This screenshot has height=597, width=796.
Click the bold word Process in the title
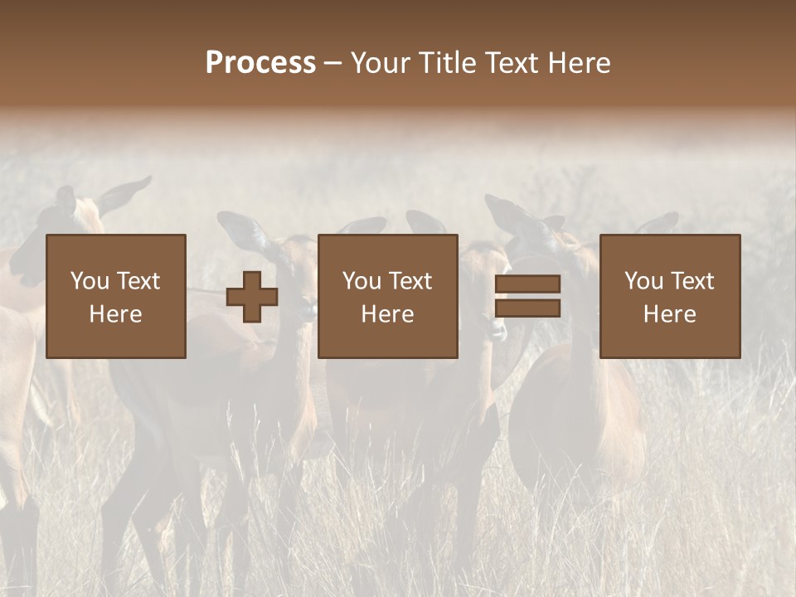pyautogui.click(x=260, y=63)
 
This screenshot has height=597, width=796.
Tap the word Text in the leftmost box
pyautogui.click(x=138, y=281)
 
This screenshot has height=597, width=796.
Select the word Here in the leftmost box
pyautogui.click(x=115, y=314)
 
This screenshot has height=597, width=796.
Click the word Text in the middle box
pyautogui.click(x=410, y=281)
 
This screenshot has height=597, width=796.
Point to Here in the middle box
pyautogui.click(x=387, y=314)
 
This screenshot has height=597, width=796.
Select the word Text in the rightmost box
pyautogui.click(x=692, y=281)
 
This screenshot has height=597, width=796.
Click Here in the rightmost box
pyautogui.click(x=669, y=314)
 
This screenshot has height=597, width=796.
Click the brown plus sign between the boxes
pyautogui.click(x=252, y=297)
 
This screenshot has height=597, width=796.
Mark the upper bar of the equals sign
pyautogui.click(x=527, y=284)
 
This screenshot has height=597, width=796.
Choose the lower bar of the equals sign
pyautogui.click(x=527, y=308)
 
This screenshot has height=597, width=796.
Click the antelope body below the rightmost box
pyautogui.click(x=580, y=415)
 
